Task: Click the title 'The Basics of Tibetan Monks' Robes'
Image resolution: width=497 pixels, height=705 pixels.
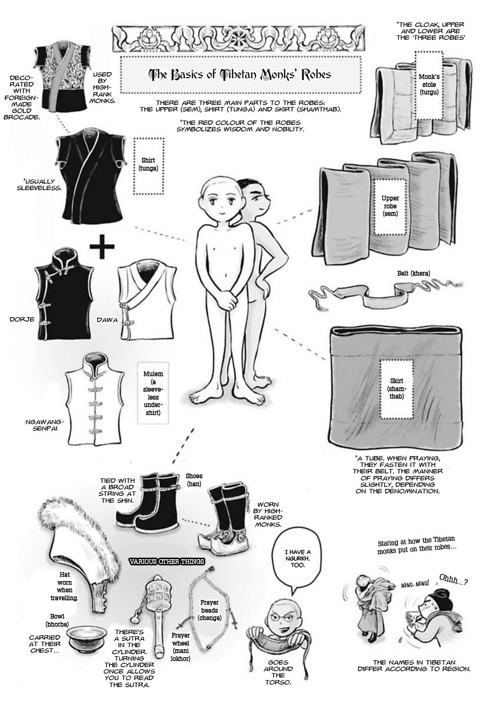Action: pos(240,74)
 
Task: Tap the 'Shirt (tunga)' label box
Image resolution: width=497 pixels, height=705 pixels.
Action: pos(148,166)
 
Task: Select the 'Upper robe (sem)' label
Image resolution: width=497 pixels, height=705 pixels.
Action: pos(390,206)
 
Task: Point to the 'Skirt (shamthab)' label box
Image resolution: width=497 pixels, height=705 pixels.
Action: pos(396,389)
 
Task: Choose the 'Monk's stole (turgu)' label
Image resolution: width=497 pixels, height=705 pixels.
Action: pos(429,85)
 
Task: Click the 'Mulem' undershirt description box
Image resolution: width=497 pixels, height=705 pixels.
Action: pos(153,393)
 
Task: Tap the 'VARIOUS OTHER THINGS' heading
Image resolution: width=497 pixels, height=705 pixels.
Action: pos(166,562)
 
